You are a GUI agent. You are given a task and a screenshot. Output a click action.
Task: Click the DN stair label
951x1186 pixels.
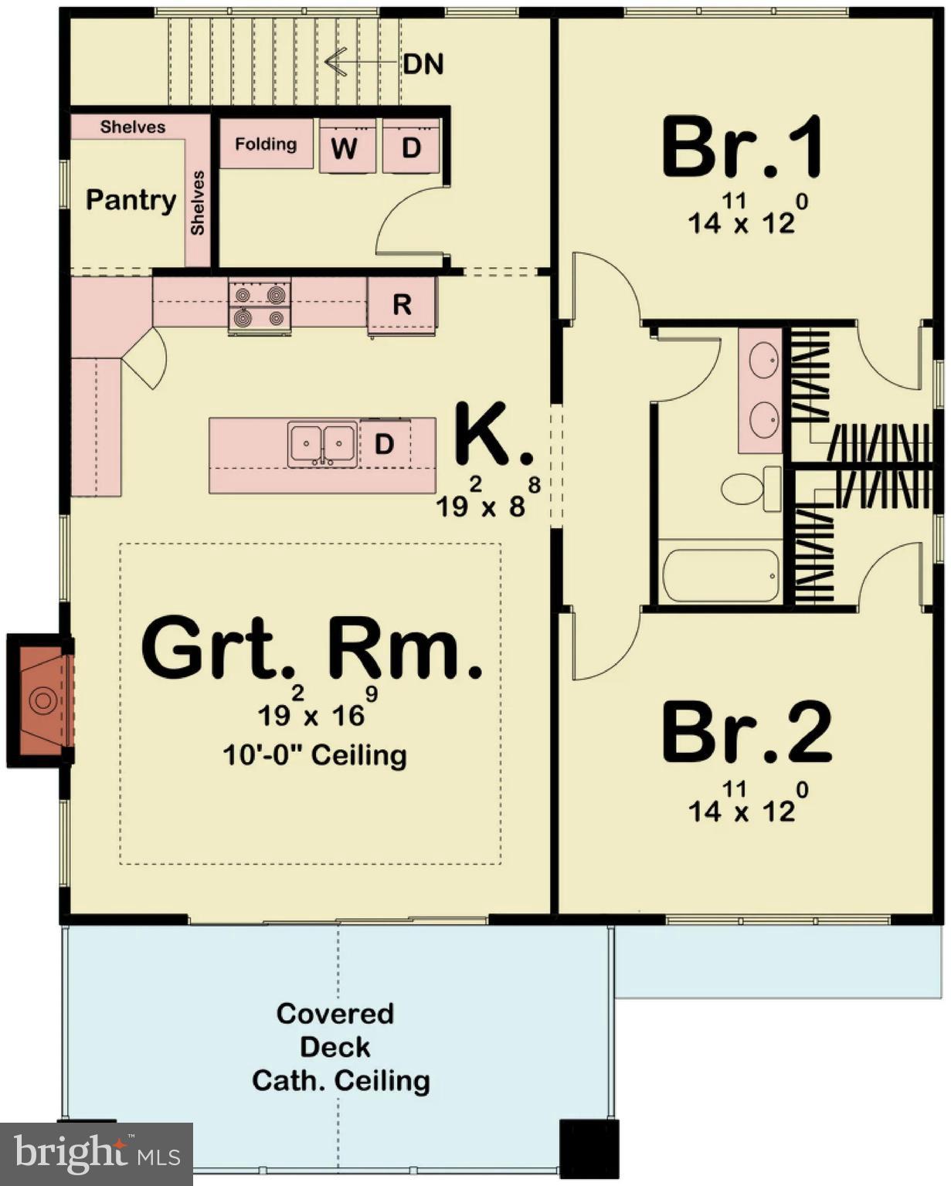tap(423, 64)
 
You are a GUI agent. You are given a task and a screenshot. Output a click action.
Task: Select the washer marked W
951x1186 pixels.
tap(346, 147)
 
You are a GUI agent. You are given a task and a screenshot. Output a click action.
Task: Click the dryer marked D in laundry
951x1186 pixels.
tap(411, 147)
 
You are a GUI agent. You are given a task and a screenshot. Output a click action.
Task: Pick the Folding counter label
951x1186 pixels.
tap(266, 144)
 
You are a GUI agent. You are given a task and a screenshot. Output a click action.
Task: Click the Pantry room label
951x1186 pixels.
tap(131, 200)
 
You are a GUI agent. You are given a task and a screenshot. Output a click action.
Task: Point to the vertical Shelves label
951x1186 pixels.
tap(198, 203)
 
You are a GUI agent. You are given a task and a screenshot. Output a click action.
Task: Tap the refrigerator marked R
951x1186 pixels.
tap(402, 306)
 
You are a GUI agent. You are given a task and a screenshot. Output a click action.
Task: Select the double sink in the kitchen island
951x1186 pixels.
tap(322, 444)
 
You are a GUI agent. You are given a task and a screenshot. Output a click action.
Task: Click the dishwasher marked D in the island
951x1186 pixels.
tap(385, 444)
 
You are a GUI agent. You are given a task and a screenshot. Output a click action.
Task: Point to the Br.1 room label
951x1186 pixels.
tap(742, 147)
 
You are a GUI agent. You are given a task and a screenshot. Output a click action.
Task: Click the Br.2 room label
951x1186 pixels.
tap(746, 733)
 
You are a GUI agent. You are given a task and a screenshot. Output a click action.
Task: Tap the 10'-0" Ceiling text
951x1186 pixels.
tap(314, 754)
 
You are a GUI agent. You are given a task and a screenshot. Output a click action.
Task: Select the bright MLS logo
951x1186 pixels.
tap(96, 1154)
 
